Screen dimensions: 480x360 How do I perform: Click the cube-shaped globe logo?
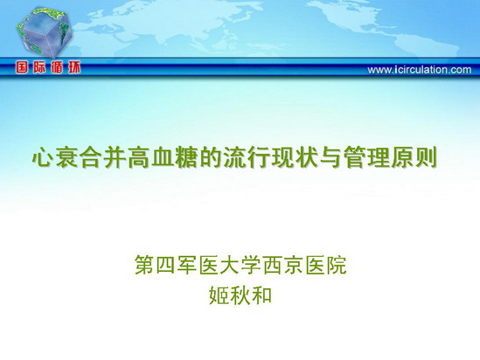coord(45,32)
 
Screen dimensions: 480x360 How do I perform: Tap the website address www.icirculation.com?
coord(420,70)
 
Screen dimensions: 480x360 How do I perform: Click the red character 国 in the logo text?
coord(22,67)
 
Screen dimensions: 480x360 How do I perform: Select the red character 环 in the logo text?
coord(74,67)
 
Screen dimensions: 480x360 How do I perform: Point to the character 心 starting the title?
coord(43,158)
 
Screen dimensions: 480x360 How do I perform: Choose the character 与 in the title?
coord(330,158)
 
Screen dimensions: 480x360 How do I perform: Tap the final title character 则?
coord(426,158)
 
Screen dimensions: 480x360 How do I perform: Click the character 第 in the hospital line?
coord(144,265)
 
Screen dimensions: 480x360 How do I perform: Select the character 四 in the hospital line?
coord(166,265)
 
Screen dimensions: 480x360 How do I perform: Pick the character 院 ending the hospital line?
coord(337,265)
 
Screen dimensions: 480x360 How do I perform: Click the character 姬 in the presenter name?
coord(219,295)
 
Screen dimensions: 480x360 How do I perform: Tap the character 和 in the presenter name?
coord(261,295)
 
